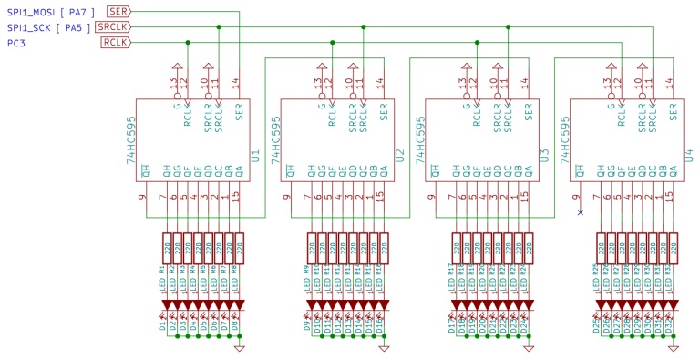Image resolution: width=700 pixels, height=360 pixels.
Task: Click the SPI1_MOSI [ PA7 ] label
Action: (48, 11)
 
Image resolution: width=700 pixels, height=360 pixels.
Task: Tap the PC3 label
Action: (15, 43)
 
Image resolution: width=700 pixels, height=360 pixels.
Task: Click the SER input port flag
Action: (118, 11)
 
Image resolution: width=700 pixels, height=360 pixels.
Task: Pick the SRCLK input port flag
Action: (113, 27)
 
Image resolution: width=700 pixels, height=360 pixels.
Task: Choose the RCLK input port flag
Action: (115, 43)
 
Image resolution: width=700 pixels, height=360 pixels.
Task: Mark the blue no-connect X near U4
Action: (580, 212)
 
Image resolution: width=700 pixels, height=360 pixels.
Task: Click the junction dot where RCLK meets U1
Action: (188, 43)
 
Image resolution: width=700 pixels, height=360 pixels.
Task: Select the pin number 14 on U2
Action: (380, 84)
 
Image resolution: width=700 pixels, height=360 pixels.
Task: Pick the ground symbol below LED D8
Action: (239, 347)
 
